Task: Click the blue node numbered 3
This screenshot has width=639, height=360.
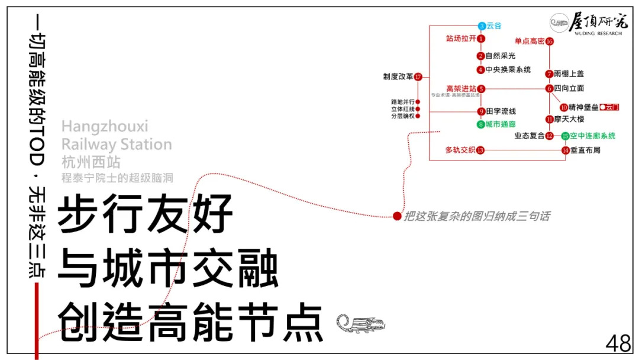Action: (482, 26)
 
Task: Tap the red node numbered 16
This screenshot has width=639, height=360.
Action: (549, 41)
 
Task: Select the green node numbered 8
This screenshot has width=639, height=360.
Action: (481, 124)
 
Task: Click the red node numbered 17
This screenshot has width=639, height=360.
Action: (418, 77)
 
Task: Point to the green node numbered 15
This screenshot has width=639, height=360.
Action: (565, 136)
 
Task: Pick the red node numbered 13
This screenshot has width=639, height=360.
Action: (480, 150)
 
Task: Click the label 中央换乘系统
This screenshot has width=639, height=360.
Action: (508, 70)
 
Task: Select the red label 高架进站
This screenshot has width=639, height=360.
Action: (461, 89)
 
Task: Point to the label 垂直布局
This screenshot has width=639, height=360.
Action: (585, 150)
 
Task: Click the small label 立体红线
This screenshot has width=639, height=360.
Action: (402, 109)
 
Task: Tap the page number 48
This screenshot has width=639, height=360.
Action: (618, 343)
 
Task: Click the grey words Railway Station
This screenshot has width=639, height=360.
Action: (117, 144)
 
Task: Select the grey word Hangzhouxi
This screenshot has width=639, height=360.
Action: (105, 126)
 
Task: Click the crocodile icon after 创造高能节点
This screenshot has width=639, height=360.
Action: (360, 323)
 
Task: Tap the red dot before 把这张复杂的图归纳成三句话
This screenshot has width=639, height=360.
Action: (397, 217)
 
